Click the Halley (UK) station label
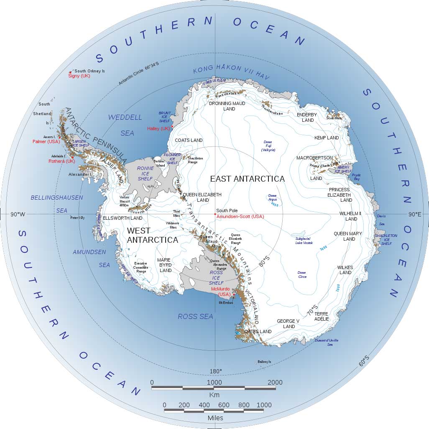[159, 128]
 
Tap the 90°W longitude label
[18, 214]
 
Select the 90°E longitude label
[415, 214]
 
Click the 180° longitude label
[215, 371]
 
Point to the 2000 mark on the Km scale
[275, 382]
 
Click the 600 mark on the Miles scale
[224, 405]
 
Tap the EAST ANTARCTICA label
[247, 179]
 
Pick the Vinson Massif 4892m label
[124, 201]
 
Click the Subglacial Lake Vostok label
[304, 240]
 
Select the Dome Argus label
[272, 198]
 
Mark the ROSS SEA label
[195, 316]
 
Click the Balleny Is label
[264, 362]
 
